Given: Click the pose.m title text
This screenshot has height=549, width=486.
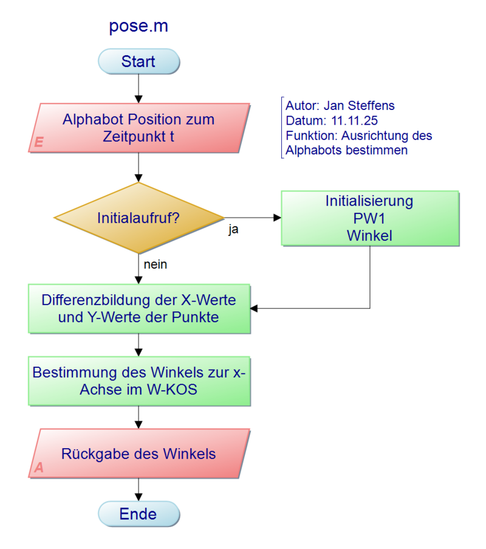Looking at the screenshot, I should click(x=139, y=27).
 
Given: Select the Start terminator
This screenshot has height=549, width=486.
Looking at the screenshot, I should click(x=139, y=61).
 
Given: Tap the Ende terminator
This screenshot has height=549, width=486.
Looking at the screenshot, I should click(x=139, y=514).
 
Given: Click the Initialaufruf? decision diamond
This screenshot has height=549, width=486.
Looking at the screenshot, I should click(x=139, y=218).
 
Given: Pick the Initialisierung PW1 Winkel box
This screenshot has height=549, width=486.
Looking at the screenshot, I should click(x=369, y=218).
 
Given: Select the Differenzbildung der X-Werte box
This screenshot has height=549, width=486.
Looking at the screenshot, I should click(x=139, y=308).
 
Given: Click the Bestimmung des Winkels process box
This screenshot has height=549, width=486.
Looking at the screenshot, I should click(x=139, y=381).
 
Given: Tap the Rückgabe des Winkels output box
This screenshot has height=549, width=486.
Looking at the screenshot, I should click(x=139, y=454).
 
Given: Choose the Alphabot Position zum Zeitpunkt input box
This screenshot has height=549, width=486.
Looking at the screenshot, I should click(x=139, y=128).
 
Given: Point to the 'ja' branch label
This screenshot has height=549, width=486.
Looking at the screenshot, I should click(x=233, y=230).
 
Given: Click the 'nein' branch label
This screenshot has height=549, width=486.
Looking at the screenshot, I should click(x=156, y=264).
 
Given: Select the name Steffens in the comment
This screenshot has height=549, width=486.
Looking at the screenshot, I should click(x=373, y=106).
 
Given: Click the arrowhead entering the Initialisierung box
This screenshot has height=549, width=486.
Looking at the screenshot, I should click(x=277, y=218).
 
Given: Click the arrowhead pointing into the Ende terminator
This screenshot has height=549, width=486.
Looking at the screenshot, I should click(x=139, y=497).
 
